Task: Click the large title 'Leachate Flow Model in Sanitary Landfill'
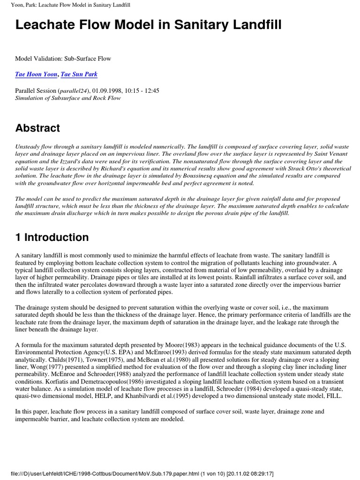click(x=148, y=25)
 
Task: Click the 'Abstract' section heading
click(x=37, y=128)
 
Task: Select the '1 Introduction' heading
click(x=52, y=237)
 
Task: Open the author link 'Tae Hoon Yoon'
click(x=36, y=75)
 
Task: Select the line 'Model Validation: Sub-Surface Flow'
click(x=63, y=59)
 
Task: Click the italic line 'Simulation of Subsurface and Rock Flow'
click(x=68, y=98)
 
